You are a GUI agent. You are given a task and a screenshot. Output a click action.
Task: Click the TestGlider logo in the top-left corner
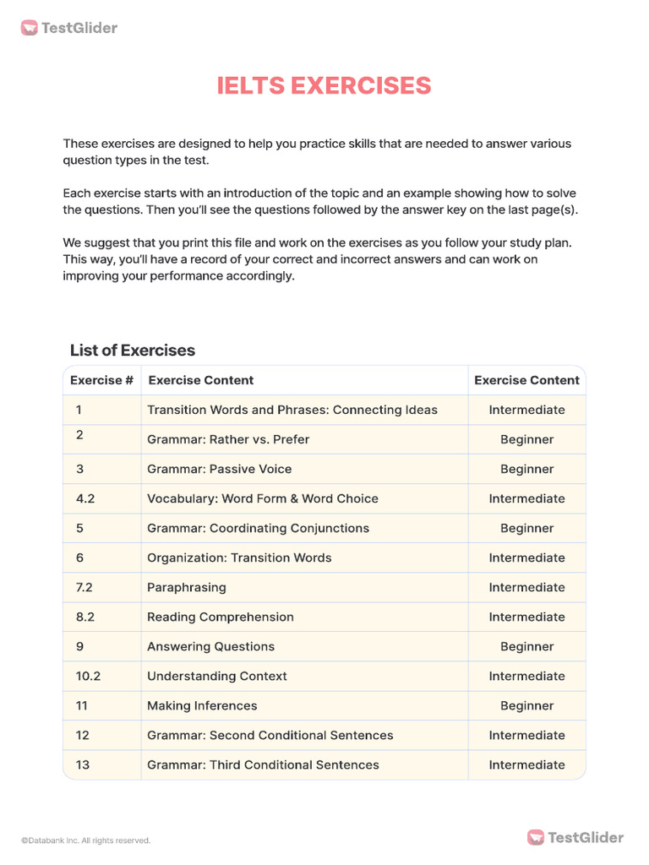coord(69,28)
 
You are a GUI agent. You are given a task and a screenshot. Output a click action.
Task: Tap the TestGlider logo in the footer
coord(575,837)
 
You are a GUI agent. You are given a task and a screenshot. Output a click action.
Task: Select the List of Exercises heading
coord(133,350)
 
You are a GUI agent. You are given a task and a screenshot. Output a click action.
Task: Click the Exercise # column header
coord(101,380)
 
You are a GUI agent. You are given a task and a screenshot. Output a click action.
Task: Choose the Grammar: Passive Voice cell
coord(221,469)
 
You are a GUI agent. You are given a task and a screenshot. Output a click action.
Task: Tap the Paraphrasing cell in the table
coord(187,587)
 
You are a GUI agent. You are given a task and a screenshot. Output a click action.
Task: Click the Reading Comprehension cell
coord(221,617)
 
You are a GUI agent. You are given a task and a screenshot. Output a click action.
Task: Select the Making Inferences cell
coord(202,705)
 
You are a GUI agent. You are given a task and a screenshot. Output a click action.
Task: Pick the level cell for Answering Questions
coord(526,646)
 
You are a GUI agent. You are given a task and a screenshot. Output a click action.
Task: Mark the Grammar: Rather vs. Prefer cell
coord(228,439)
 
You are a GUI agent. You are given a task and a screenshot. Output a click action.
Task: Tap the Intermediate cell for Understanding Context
coord(526,676)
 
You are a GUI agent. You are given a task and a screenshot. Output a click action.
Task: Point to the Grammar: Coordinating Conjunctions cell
coord(258,528)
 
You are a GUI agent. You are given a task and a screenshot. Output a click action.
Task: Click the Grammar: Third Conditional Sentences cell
coord(263,764)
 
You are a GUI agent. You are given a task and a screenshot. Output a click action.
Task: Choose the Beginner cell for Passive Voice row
coord(526,469)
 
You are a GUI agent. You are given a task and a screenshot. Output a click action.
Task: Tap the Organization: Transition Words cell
coord(239,558)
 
